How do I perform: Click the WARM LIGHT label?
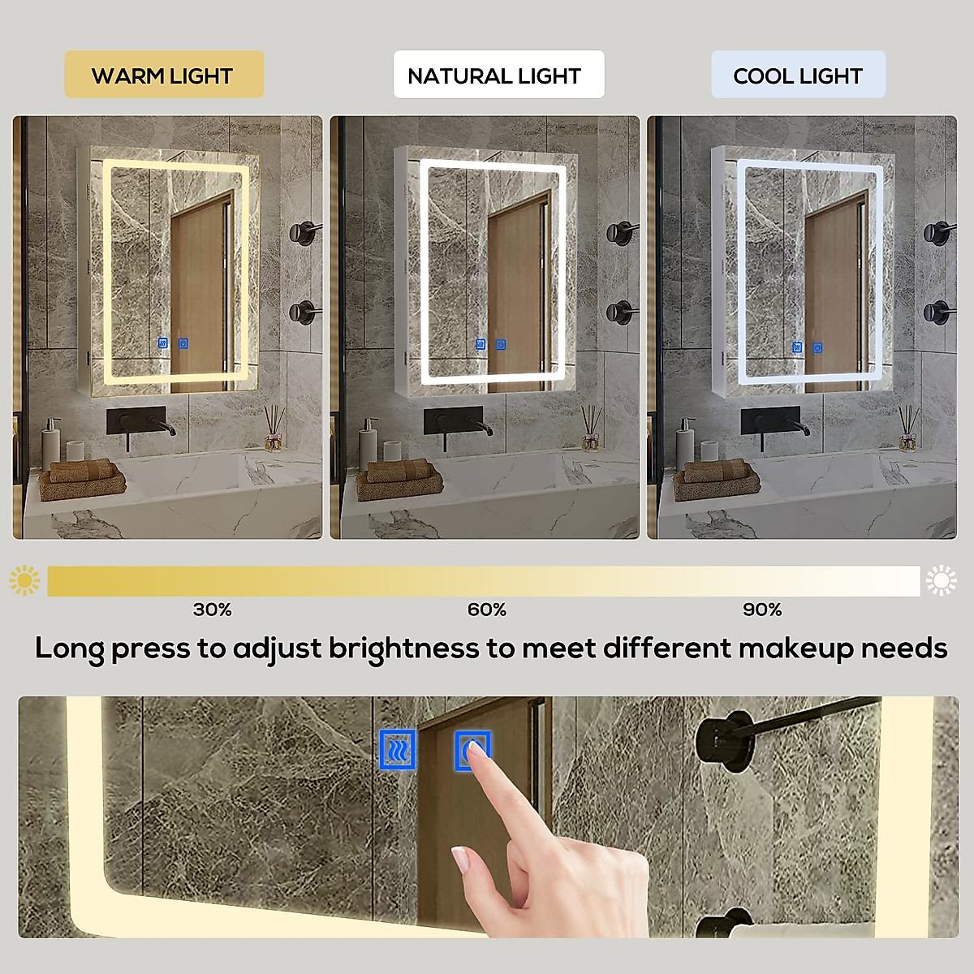tap(163, 75)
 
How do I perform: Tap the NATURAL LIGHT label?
tap(495, 75)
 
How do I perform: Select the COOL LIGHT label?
tap(798, 75)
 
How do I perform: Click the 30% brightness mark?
tap(212, 610)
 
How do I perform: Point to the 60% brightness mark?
tap(487, 610)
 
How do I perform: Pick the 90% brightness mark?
tap(762, 610)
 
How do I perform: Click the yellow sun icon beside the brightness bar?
tap(24, 581)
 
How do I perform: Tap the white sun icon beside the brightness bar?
tap(942, 581)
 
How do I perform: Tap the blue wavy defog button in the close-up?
tap(398, 750)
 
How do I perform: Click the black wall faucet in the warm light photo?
tap(138, 424)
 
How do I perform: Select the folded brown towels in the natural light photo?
tap(400, 478)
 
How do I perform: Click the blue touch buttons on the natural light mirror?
tap(490, 345)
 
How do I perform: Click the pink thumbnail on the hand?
tap(460, 859)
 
